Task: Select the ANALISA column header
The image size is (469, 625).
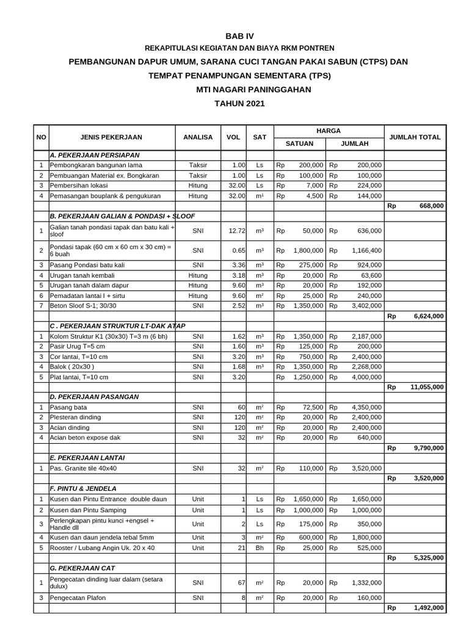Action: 198,137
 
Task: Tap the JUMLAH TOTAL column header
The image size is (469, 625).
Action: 415,137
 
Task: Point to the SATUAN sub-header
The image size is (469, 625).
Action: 300,143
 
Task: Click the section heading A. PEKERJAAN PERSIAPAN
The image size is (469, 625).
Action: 95,155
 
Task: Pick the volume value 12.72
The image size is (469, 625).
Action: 236,231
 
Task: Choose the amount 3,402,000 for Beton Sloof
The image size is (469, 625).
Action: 366,305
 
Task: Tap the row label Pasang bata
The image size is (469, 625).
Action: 68,407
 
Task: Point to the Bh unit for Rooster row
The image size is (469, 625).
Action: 260,547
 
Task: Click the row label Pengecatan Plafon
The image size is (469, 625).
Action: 78,598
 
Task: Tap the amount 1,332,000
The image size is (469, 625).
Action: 366,583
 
